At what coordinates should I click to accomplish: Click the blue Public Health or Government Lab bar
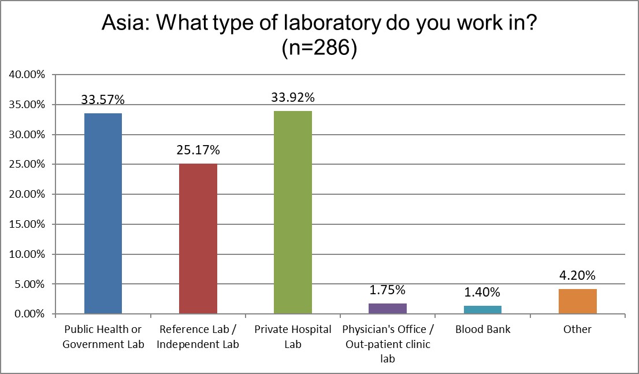103,213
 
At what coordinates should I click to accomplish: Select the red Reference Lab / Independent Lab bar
198,239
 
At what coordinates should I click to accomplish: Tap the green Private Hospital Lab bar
293,212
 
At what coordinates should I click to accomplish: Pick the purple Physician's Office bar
388,309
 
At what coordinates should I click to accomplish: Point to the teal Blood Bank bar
482,310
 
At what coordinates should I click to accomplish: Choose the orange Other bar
578,301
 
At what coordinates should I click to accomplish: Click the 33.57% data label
103,99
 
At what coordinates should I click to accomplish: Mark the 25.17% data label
198,150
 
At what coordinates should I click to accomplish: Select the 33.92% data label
293,97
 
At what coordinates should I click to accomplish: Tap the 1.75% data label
388,290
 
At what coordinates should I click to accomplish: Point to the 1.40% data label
482,292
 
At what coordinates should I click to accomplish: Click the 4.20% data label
578,275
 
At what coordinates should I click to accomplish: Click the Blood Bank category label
482,329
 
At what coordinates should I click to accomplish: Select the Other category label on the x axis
578,329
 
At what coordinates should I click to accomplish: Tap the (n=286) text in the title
319,49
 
